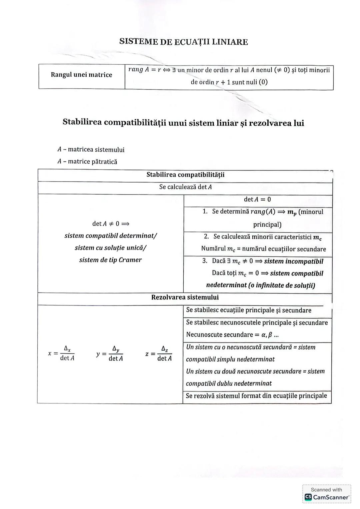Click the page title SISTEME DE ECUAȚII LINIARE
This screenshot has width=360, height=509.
[183, 42]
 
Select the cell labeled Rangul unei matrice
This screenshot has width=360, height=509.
[81, 75]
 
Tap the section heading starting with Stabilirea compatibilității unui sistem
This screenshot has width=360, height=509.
[183, 123]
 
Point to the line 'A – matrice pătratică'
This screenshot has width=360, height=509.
[87, 162]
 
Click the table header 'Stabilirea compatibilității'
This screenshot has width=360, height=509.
[185, 175]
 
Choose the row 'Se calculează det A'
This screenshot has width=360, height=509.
[185, 187]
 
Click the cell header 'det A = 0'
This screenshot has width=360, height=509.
[257, 200]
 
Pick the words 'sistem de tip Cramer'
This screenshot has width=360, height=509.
[110, 260]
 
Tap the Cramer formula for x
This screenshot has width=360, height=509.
[62, 353]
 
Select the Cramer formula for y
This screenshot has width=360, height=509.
[110, 353]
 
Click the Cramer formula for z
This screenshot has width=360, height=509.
[159, 353]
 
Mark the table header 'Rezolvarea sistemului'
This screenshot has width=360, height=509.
[185, 297]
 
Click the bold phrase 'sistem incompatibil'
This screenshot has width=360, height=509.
[293, 261]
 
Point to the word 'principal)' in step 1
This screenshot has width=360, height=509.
[267, 225]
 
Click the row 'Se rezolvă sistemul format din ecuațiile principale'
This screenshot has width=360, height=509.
[256, 396]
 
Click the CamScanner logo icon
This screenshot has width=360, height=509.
[308, 497]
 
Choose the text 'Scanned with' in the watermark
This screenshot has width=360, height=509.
[326, 490]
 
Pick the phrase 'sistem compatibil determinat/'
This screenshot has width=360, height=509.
[111, 236]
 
